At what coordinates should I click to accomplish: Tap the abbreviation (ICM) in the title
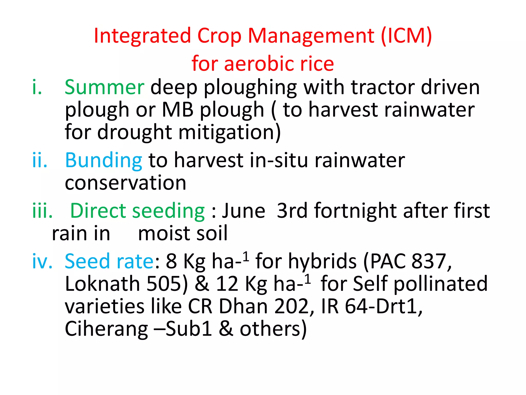[x=406, y=36]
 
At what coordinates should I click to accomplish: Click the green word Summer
[x=104, y=87]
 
